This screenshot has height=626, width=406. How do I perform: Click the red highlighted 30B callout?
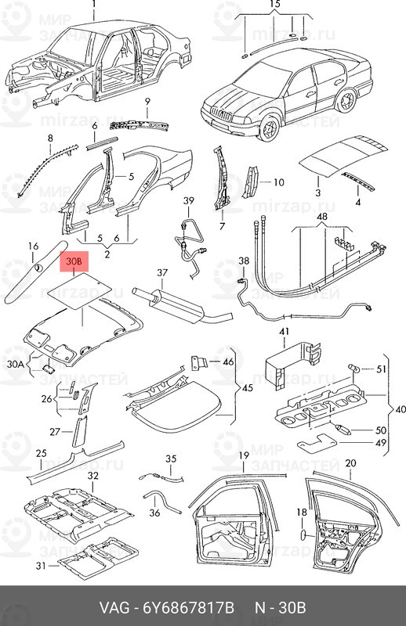74,261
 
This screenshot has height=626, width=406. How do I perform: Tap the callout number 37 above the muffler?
162,273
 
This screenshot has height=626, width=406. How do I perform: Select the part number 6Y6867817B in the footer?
188,608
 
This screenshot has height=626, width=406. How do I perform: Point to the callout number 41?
284,332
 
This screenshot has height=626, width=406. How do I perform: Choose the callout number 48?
321,217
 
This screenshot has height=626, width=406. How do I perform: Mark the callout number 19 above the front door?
244,455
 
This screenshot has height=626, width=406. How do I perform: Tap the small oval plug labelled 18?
303,535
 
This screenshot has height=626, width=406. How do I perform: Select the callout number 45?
248,387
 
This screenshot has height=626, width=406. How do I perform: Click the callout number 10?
278,182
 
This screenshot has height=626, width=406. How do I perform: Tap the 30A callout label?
16,364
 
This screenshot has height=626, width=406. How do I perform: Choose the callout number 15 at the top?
275,5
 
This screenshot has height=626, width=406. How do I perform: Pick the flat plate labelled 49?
317,443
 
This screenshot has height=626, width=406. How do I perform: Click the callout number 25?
42,454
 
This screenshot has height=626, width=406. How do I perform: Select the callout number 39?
188,201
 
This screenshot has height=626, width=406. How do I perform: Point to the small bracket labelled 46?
199,362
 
